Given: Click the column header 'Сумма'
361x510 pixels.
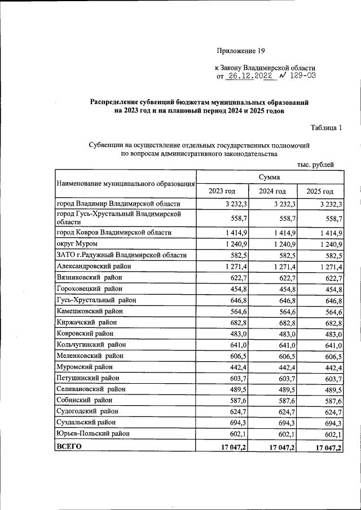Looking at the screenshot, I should click(269, 177).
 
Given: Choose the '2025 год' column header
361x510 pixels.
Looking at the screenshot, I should click(320, 191).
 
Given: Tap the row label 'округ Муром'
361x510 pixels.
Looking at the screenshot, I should click(77, 243).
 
